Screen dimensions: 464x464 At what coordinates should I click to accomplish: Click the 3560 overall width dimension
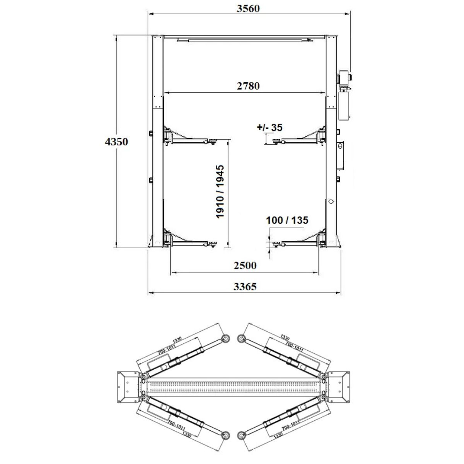coord(248,9)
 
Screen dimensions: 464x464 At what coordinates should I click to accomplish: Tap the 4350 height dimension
coord(116,142)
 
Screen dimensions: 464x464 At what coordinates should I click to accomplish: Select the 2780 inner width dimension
coord(248,86)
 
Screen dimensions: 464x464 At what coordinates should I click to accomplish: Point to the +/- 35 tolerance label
coord(270,127)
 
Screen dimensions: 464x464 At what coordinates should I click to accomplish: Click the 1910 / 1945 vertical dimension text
coord(220,192)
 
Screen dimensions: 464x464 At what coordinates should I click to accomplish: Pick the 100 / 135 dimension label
coord(287,220)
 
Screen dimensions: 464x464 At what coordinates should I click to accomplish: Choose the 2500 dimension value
coord(245,265)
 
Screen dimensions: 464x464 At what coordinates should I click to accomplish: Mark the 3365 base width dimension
coord(245,287)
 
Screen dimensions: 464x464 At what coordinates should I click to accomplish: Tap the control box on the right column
coord(340,156)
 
